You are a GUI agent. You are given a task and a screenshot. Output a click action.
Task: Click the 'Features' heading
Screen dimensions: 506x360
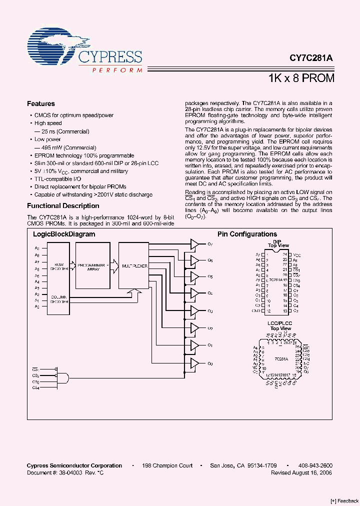coord(40,104)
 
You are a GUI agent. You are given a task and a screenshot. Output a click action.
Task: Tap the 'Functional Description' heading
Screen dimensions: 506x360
coord(63,205)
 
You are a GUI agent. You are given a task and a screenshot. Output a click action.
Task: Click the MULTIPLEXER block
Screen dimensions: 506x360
coord(133,266)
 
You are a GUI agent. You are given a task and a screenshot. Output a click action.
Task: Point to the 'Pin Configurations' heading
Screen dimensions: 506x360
coord(247,234)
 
